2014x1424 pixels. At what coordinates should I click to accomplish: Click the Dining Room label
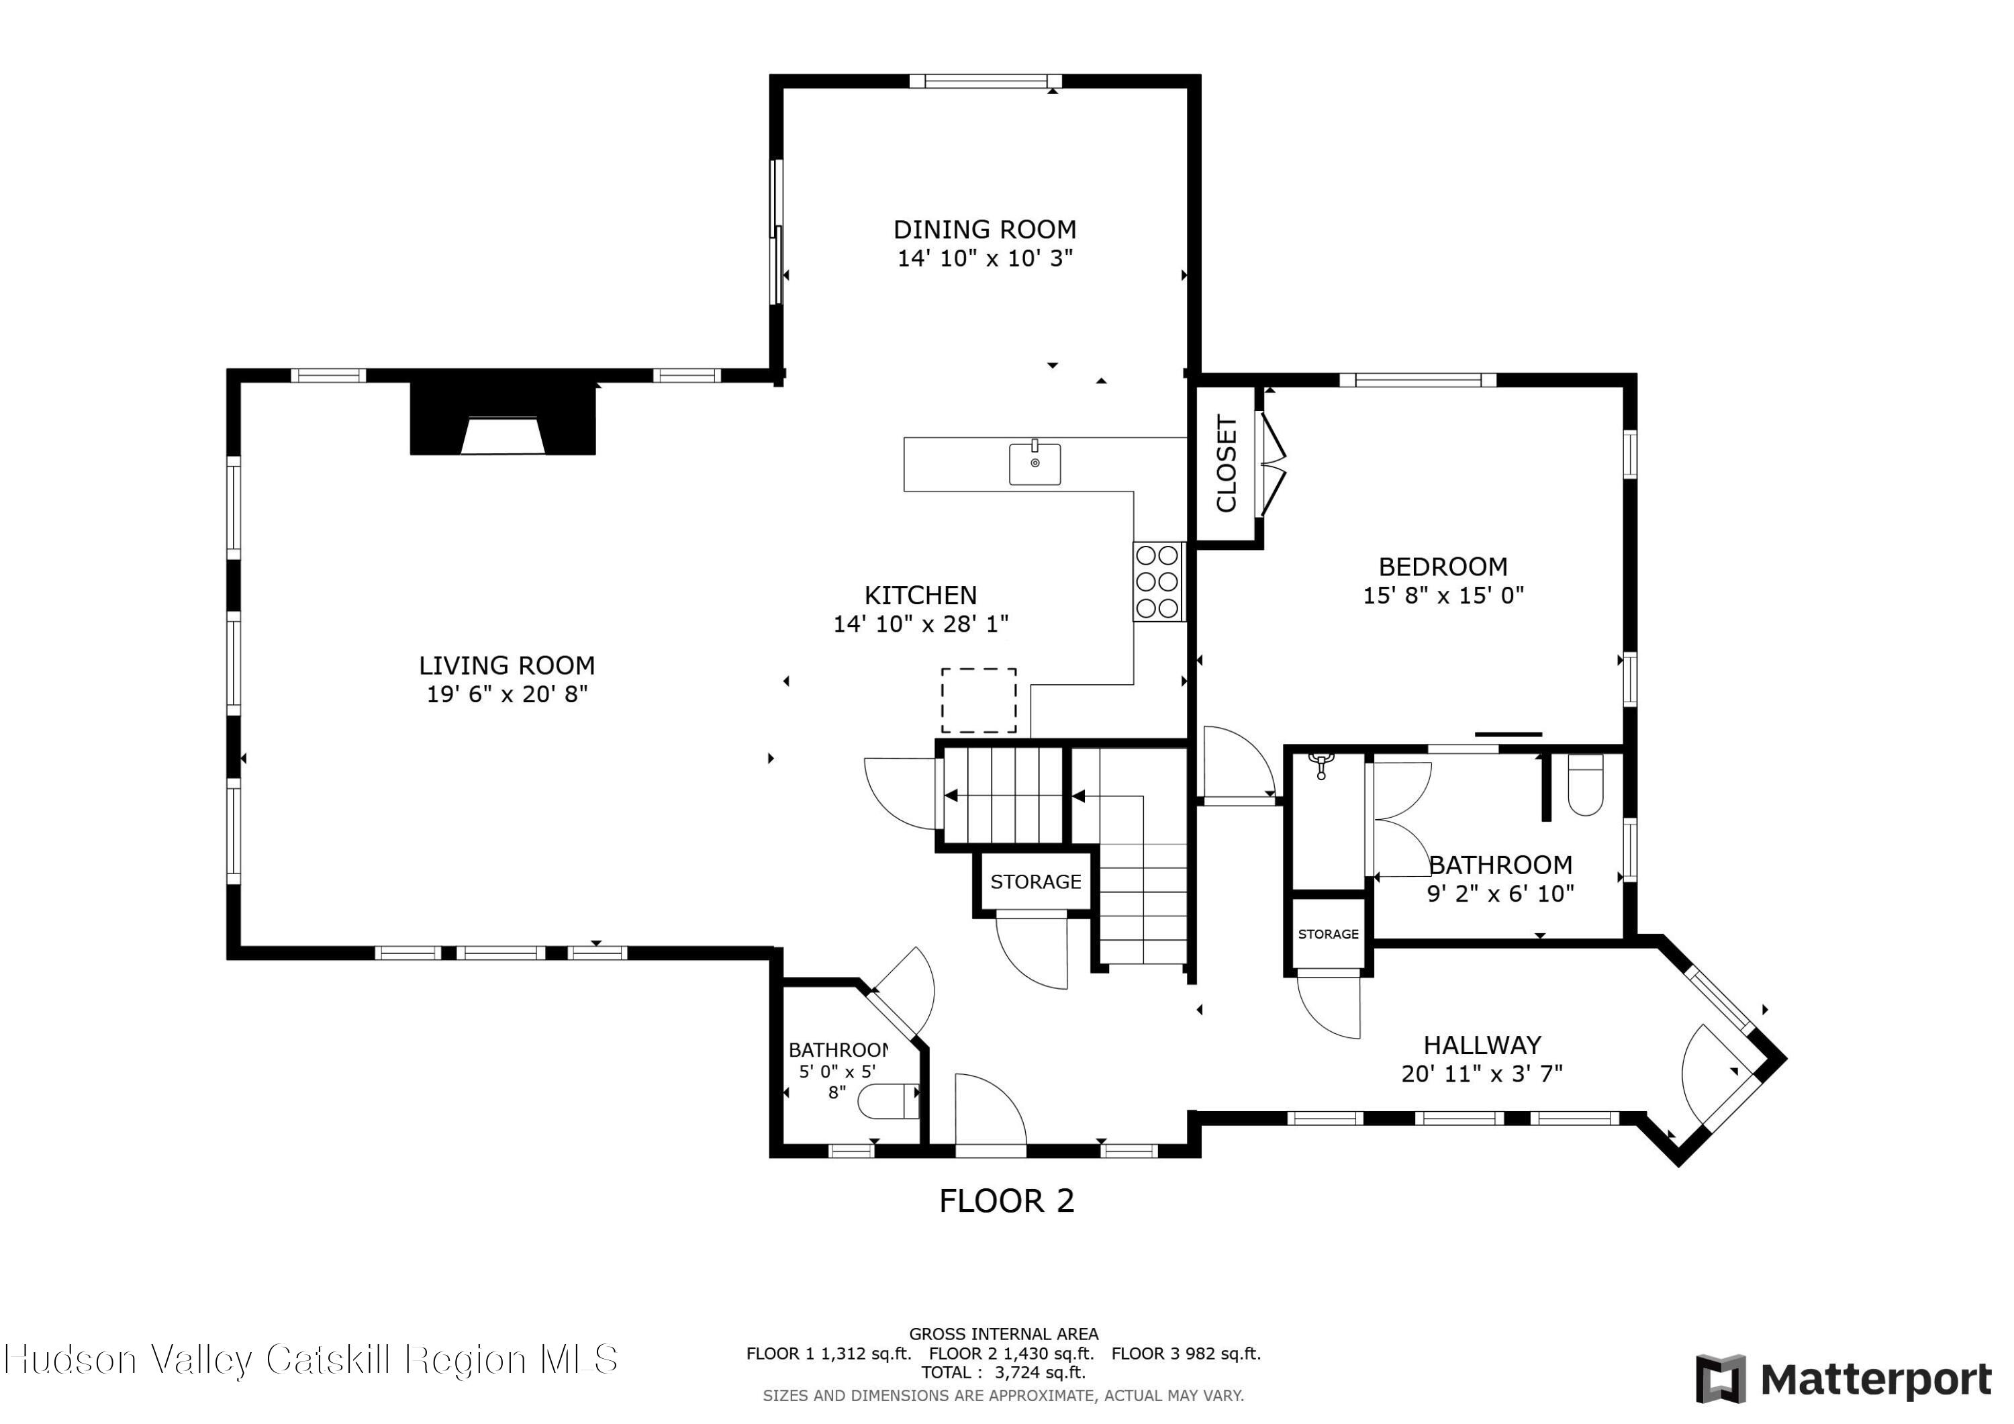(984, 230)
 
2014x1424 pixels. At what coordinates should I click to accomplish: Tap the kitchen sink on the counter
(1035, 463)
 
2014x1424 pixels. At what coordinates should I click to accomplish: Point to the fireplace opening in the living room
(503, 436)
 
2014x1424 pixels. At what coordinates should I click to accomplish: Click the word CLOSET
(1227, 463)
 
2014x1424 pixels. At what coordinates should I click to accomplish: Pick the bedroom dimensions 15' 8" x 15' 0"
(1443, 596)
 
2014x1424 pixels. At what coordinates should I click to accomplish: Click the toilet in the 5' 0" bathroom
(888, 1102)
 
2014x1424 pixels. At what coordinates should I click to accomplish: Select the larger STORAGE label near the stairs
(1035, 882)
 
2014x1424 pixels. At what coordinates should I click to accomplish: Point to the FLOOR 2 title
(1006, 1200)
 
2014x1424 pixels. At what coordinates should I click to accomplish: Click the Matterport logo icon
(1720, 1379)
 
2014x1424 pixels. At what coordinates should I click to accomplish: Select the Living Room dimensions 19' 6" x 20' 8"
(507, 695)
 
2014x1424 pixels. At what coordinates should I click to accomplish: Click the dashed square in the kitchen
(979, 700)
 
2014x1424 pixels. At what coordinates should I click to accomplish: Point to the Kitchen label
(920, 596)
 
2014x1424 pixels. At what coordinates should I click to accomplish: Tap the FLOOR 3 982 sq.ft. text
(1186, 1353)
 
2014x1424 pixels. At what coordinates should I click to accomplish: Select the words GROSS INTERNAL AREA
(1004, 1333)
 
